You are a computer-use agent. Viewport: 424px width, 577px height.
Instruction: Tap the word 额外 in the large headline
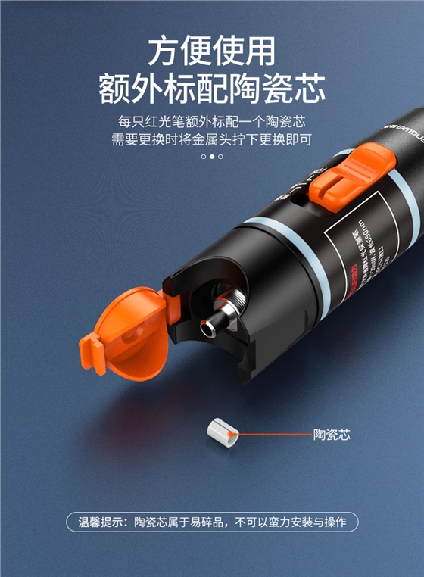[129, 89]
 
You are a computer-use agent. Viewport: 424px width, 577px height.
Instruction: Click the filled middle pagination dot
[212, 157]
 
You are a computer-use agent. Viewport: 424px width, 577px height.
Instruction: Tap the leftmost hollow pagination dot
[203, 157]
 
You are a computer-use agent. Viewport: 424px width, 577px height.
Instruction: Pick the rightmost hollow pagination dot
[221, 157]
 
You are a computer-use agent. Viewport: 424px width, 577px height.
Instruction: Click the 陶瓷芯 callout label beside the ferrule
[332, 435]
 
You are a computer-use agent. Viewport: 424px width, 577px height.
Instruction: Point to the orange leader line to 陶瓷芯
[273, 435]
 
